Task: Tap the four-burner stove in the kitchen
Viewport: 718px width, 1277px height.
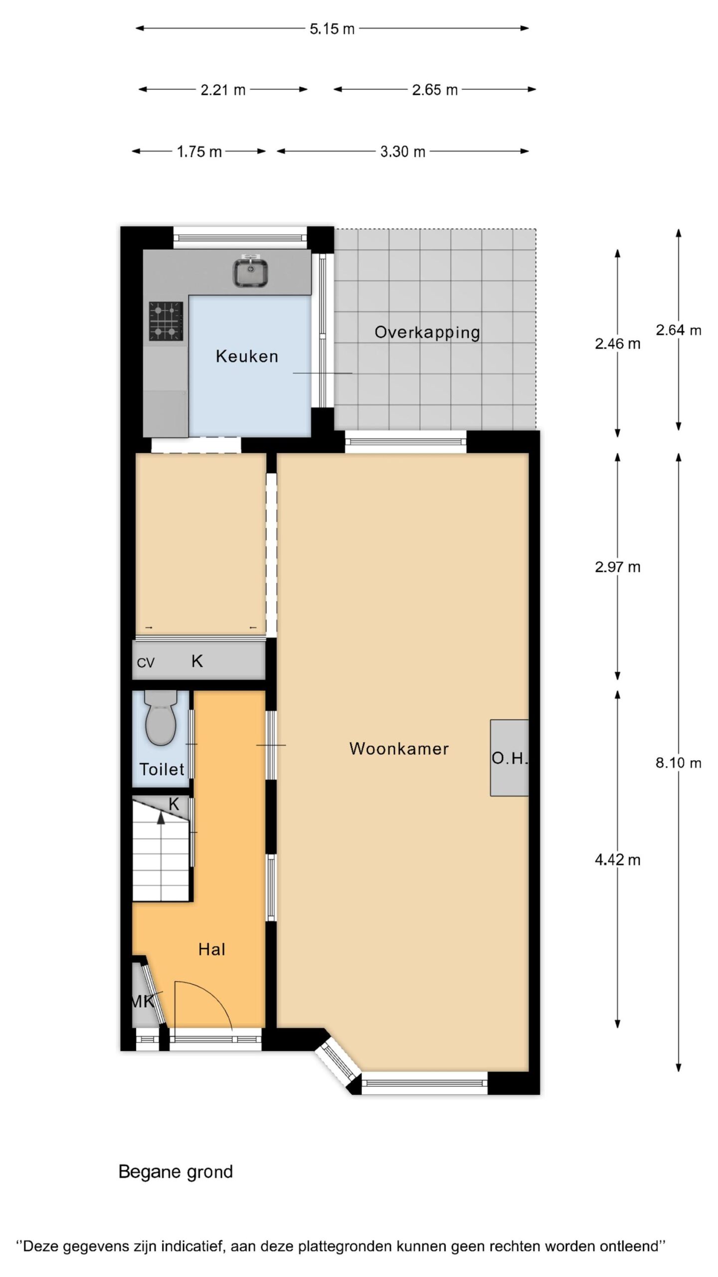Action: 166,321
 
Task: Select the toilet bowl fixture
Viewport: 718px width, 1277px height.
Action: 161,717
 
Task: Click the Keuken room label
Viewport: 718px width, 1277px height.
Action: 247,356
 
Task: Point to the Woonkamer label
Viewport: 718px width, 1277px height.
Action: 399,748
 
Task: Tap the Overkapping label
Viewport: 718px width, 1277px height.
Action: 427,333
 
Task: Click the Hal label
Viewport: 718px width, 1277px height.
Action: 211,949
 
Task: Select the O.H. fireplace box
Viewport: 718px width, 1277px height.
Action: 509,758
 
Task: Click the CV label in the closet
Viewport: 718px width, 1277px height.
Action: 146,663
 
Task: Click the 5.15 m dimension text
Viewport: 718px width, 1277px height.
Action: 332,29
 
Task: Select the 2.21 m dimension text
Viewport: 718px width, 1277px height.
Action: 223,90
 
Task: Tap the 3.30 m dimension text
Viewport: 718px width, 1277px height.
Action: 403,152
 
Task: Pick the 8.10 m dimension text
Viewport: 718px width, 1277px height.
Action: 679,763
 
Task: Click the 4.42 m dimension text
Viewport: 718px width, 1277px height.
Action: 618,859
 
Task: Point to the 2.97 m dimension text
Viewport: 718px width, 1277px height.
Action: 618,567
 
